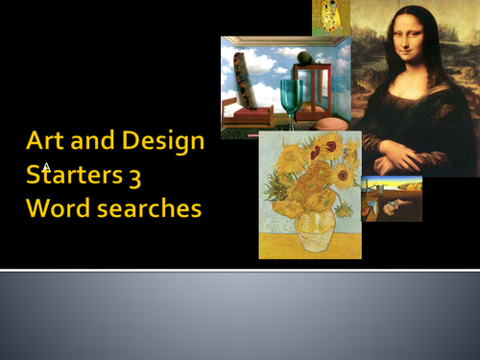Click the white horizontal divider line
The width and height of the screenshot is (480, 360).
[x=240, y=271]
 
